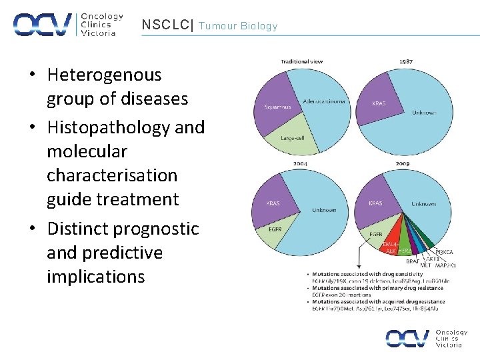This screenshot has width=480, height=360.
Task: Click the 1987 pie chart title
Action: (x=405, y=61)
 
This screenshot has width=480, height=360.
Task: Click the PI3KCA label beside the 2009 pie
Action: (x=445, y=252)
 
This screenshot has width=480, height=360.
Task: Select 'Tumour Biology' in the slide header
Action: (x=238, y=26)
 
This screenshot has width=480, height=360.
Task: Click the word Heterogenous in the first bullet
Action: (x=104, y=75)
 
